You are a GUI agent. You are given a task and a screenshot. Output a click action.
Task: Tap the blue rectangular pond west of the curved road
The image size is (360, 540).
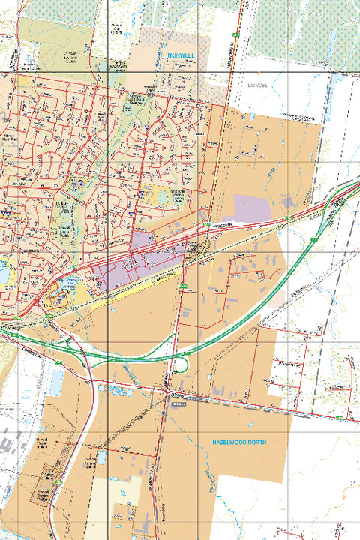[57, 383]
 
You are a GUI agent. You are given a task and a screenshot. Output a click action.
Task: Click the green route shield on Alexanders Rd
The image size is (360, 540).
[235, 35]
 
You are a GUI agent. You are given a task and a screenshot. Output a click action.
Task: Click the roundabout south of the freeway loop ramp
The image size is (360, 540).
[166, 391]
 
